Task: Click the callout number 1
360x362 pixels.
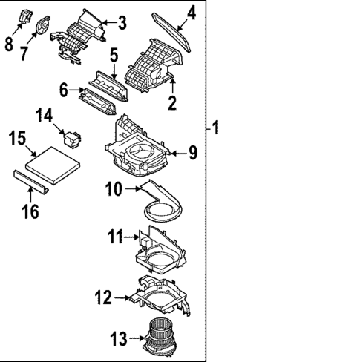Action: (216, 128)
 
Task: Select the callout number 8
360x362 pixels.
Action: (9, 45)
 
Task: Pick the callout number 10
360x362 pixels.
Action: (113, 189)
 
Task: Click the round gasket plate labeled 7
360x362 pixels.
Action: (42, 24)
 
